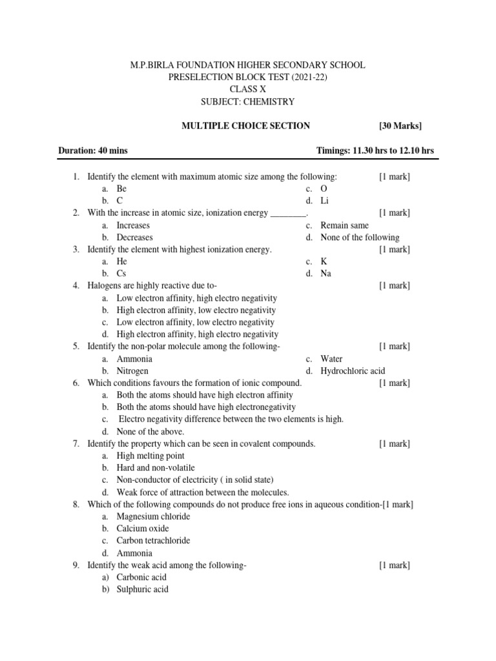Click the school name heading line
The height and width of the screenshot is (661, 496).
click(248, 65)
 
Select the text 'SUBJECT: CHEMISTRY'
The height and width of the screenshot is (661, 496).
click(248, 101)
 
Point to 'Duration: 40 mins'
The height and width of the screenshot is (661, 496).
click(93, 151)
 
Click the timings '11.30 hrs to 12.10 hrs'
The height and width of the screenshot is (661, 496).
click(394, 151)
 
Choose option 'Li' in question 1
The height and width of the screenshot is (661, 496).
click(325, 201)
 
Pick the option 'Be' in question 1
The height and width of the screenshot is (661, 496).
click(121, 189)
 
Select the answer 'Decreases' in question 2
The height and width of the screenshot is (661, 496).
click(134, 238)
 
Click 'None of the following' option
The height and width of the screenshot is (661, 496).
click(360, 238)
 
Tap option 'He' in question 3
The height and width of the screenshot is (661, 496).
click(122, 261)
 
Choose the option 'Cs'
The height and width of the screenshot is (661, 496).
click(121, 274)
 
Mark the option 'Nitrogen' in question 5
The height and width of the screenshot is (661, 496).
click(132, 371)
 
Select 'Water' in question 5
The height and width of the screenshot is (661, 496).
click(331, 359)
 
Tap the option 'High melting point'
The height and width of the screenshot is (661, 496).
click(150, 456)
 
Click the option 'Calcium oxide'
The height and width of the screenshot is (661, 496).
click(143, 529)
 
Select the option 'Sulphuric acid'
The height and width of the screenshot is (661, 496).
click(142, 589)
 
